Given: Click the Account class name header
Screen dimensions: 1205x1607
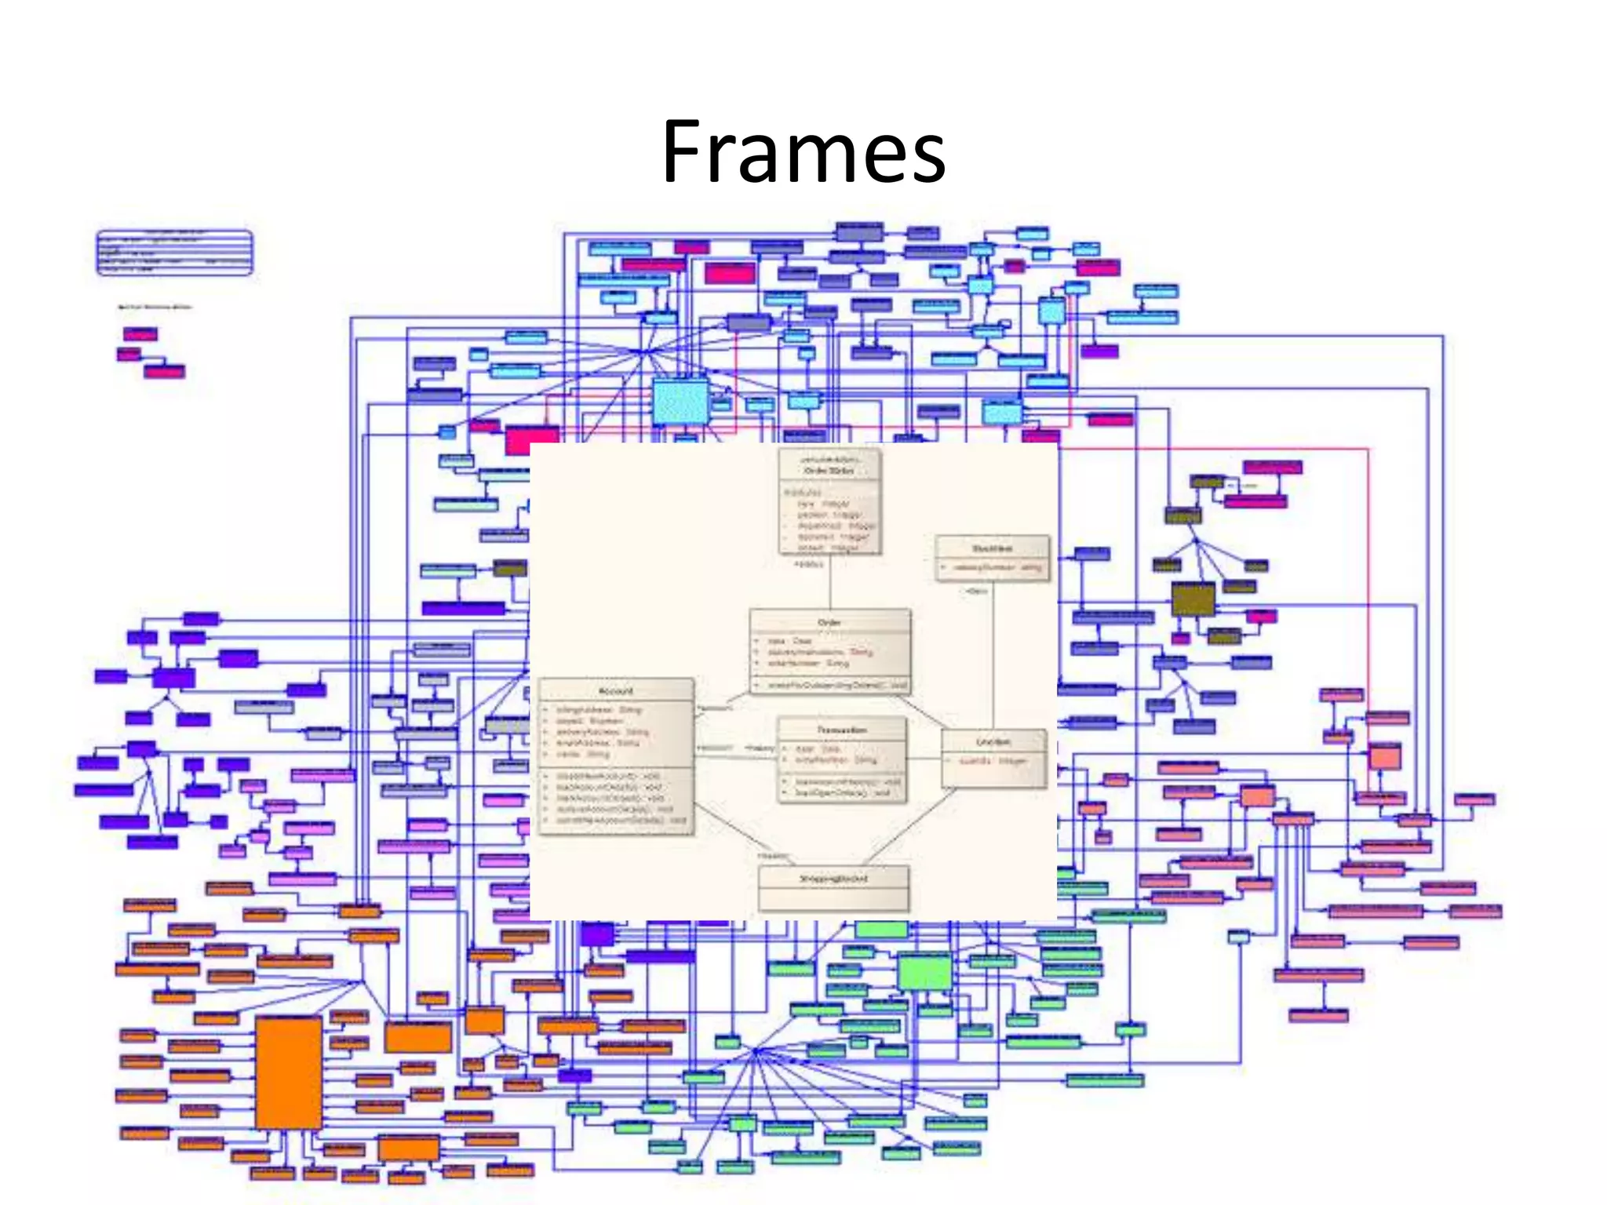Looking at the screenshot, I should coord(616,690).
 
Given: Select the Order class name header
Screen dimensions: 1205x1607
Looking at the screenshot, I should coord(829,622).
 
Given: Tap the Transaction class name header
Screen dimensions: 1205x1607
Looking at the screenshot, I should coord(842,730).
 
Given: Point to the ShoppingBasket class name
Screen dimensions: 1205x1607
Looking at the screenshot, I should coord(833,879).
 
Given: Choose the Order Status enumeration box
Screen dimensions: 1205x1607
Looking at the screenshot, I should coord(829,502).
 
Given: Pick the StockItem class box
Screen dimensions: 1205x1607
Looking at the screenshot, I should coord(992,558).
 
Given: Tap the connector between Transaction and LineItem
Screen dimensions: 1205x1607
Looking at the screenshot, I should coord(924,759).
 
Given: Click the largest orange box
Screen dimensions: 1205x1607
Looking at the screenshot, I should coord(289,1072).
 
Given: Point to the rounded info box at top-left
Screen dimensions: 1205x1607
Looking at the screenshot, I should coord(174,253).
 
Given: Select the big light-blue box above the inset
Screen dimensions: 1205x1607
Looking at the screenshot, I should coord(680,401).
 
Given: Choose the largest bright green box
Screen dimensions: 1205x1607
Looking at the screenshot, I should coord(924,972).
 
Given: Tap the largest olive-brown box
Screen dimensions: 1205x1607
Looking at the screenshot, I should coord(1193,599).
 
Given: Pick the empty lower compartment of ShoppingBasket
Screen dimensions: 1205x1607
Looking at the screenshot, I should coord(833,899).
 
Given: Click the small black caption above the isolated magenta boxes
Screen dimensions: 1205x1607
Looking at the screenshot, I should coord(155,307).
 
